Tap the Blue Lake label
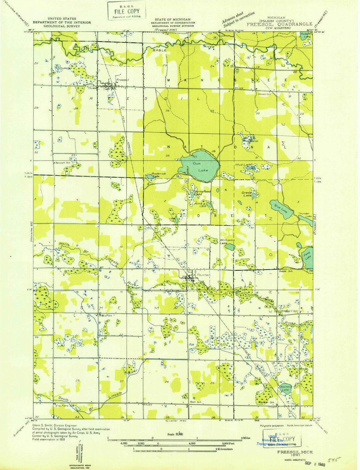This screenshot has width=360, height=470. pyautogui.click(x=283, y=211)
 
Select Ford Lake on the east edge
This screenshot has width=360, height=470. pyautogui.click(x=308, y=257)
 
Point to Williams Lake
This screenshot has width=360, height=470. pyautogui.click(x=227, y=241)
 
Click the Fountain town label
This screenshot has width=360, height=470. pyautogui.click(x=204, y=275)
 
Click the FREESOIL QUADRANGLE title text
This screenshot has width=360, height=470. pyautogui.click(x=279, y=24)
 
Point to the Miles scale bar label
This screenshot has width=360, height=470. pyautogui.click(x=246, y=438)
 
